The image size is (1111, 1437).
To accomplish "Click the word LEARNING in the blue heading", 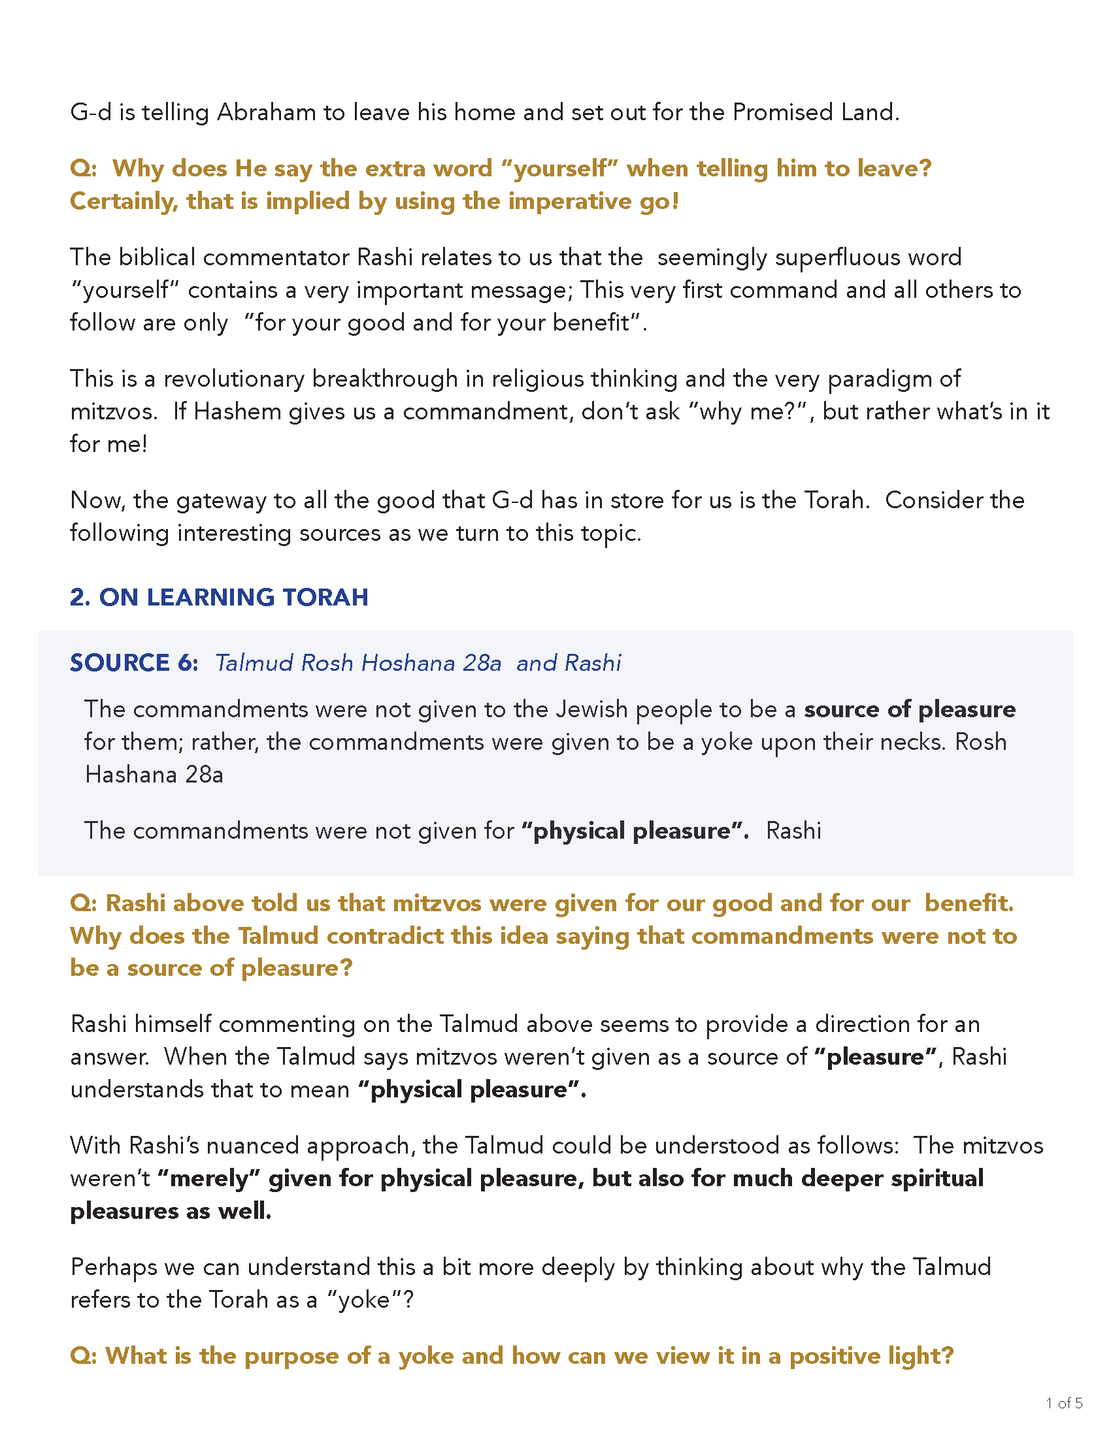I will pyautogui.click(x=213, y=598).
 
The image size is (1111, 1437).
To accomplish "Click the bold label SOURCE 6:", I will pyautogui.click(x=134, y=662).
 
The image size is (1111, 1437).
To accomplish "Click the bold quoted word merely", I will pyautogui.click(x=209, y=1178).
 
